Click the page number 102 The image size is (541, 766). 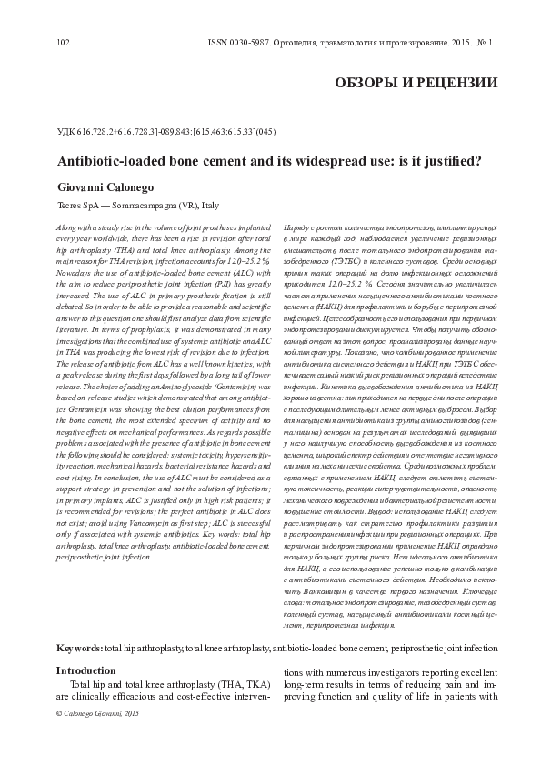pos(63,42)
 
